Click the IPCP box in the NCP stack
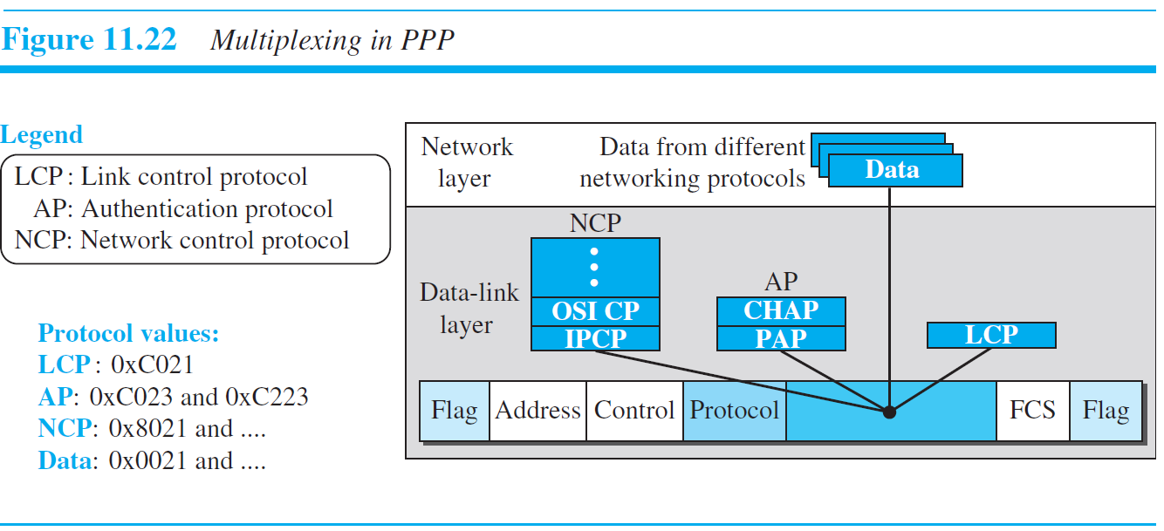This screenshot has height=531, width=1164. (x=595, y=338)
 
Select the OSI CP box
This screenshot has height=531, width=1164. (x=595, y=310)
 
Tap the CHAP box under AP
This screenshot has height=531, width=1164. (x=781, y=310)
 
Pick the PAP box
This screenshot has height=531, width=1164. (x=781, y=338)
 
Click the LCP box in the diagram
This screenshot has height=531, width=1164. (x=991, y=336)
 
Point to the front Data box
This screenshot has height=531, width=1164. (x=894, y=170)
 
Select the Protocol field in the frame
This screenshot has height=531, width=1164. (x=734, y=411)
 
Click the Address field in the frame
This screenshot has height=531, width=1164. (x=537, y=411)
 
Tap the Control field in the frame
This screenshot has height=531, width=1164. (x=634, y=411)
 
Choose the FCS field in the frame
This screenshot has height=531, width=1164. (x=1032, y=411)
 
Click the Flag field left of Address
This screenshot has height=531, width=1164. (x=455, y=411)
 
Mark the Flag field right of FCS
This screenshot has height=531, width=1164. (x=1106, y=411)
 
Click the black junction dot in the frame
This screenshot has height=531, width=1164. (x=889, y=412)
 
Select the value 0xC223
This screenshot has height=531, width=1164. (x=266, y=398)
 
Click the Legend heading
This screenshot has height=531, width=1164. (x=42, y=135)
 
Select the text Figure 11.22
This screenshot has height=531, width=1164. (x=89, y=40)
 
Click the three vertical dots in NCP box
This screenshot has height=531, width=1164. (x=594, y=267)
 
